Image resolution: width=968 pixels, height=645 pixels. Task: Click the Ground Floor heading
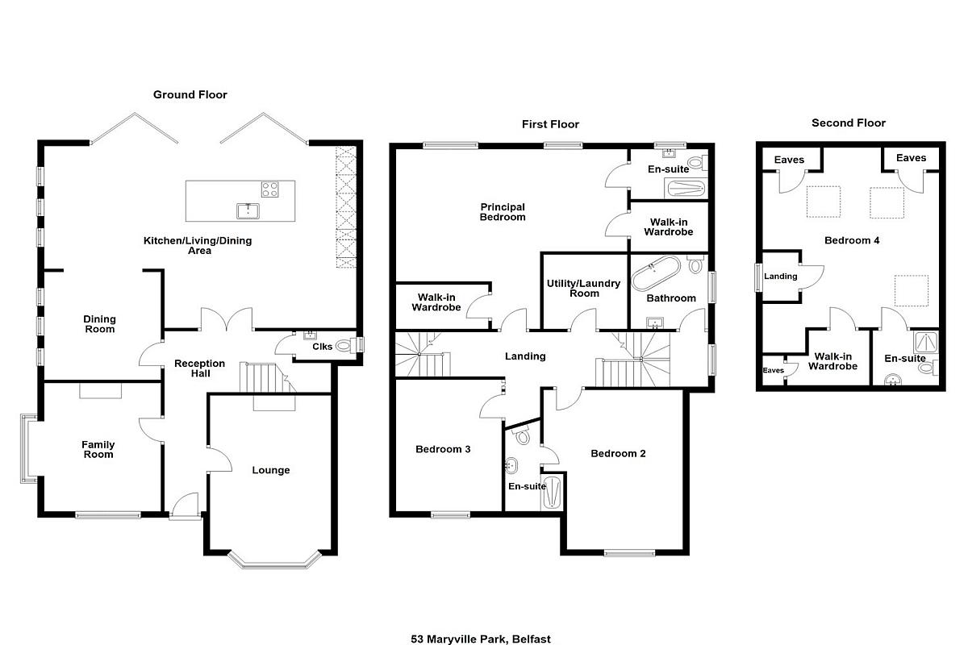tap(190, 94)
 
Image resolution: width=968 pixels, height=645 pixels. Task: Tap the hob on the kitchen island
tap(269, 189)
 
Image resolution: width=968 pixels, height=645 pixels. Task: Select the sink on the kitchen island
tap(248, 211)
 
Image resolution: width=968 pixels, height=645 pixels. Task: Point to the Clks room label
tap(323, 347)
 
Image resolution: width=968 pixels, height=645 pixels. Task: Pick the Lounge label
tap(271, 470)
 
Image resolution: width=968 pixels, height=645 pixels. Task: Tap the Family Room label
tap(98, 449)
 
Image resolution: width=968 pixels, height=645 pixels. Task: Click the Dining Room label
tap(99, 324)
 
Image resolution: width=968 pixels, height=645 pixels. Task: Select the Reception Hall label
tap(200, 368)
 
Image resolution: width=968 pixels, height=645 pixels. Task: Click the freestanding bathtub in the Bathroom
tap(656, 273)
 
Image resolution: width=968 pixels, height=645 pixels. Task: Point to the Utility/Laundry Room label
tap(584, 288)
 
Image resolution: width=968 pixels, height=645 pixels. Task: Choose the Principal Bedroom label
tap(503, 212)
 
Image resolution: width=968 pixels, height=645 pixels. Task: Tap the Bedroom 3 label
tap(443, 449)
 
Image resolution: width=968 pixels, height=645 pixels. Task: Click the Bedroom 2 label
tap(618, 454)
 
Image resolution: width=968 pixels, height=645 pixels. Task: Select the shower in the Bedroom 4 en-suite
tap(926, 342)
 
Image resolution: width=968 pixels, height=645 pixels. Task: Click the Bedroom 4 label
tap(852, 240)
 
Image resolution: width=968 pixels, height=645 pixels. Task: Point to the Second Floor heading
tap(849, 123)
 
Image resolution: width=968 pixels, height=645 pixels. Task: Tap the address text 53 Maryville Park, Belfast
tap(481, 639)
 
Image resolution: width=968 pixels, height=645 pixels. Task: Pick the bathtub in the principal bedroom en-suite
tap(686, 189)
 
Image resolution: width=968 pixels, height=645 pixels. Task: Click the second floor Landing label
tap(781, 276)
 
